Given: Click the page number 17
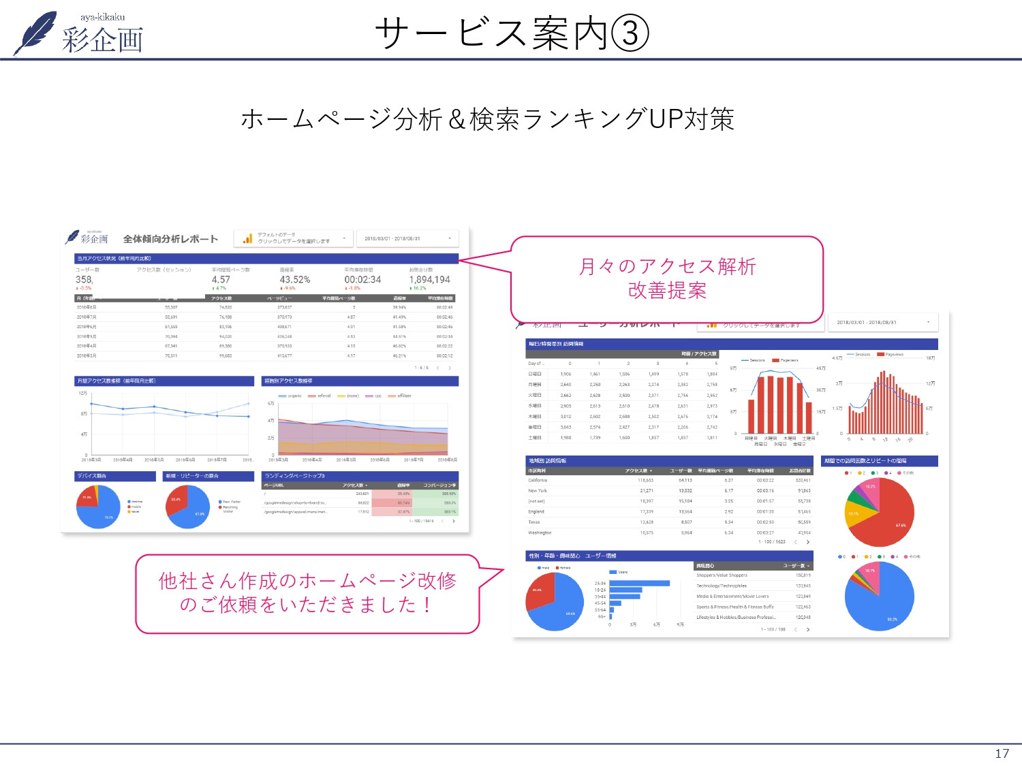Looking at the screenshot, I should pyautogui.click(x=1002, y=753).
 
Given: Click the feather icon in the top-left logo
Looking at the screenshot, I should pyautogui.click(x=37, y=32).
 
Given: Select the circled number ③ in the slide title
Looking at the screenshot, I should pyautogui.click(x=630, y=33).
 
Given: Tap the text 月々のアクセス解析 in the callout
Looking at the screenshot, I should pyautogui.click(x=667, y=266).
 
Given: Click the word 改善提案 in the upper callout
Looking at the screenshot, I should pyautogui.click(x=667, y=291).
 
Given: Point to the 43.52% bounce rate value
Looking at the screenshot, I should pyautogui.click(x=294, y=280).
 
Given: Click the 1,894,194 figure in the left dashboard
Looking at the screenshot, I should pyautogui.click(x=429, y=280).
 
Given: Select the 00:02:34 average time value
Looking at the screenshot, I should pyautogui.click(x=362, y=280).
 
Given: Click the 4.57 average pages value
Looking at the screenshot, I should pyautogui.click(x=221, y=280).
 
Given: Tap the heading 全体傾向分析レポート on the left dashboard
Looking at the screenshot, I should pyautogui.click(x=170, y=239).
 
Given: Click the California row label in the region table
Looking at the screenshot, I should pyautogui.click(x=538, y=480).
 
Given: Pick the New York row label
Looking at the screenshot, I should pyautogui.click(x=538, y=490).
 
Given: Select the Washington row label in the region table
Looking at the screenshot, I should pyautogui.click(x=540, y=532).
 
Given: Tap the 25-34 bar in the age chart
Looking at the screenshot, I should pyautogui.click(x=639, y=583).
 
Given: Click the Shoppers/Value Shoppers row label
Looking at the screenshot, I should pyautogui.click(x=722, y=575).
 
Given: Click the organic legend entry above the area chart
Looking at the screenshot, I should pyautogui.click(x=291, y=396).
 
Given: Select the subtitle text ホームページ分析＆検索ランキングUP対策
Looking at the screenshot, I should pyautogui.click(x=488, y=119).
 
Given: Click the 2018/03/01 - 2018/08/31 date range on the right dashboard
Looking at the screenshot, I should pyautogui.click(x=866, y=323).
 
